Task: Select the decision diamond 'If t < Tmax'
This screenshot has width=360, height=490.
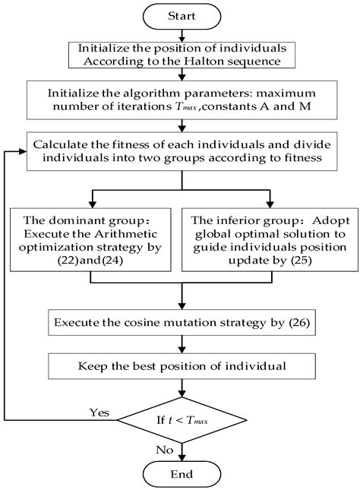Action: pos(181,419)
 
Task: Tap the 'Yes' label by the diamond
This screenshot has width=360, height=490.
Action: pos(99,413)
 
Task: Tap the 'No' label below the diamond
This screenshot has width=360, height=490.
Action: pos(164,449)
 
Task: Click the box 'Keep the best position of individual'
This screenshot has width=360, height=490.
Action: pos(181,367)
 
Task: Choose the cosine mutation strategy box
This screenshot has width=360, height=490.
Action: pos(181,323)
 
